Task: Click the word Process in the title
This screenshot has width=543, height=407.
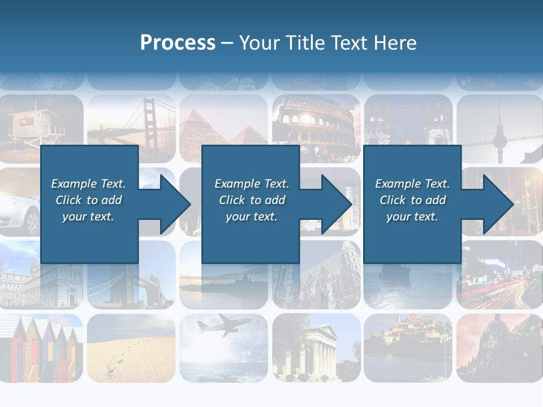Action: (178, 43)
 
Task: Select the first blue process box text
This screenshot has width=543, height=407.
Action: (88, 200)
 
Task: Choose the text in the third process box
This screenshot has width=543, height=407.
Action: (412, 200)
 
